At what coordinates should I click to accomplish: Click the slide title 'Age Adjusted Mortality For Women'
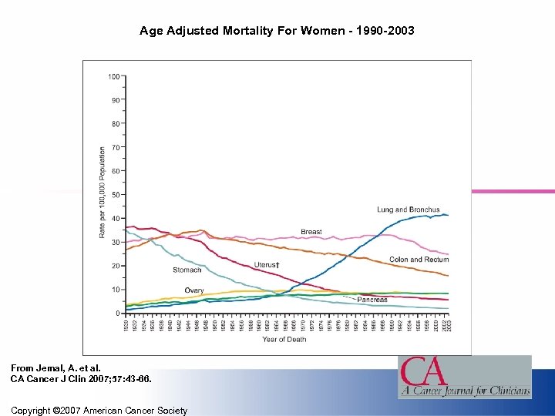[x=277, y=32]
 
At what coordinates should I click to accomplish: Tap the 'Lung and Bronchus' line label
[x=408, y=210]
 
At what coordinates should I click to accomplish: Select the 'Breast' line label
[x=311, y=232]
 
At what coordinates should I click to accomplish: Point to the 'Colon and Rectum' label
[x=419, y=260]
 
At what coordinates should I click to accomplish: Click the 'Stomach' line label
[x=187, y=270]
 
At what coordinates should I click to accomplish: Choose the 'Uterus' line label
[x=266, y=265]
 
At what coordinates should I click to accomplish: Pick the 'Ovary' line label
[x=194, y=290]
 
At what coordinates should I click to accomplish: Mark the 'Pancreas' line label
[x=372, y=300]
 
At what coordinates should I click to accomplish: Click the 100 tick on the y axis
[x=113, y=77]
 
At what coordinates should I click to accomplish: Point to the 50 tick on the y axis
[x=115, y=195]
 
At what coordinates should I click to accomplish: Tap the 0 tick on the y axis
[x=117, y=314]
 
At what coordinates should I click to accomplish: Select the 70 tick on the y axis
[x=115, y=147]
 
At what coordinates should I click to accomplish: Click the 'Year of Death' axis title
[x=284, y=340]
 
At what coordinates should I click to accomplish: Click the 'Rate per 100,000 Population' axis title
[x=102, y=193]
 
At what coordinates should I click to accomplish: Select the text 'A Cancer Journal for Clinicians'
[x=464, y=391]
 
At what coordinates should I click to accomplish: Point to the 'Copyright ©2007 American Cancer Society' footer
[x=99, y=411]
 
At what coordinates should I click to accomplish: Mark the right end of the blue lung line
[x=447, y=215]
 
